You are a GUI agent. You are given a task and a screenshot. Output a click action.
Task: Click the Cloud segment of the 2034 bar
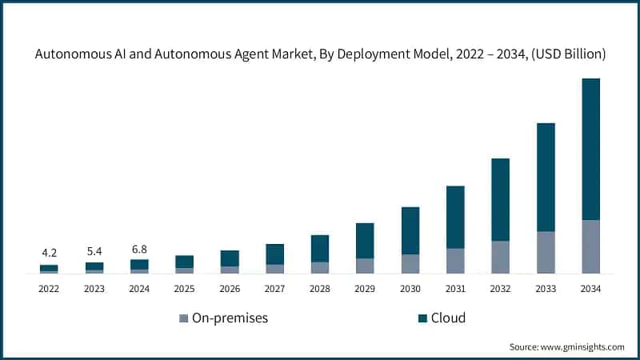click(x=590, y=149)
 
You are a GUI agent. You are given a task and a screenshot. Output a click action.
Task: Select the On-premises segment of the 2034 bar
click(x=590, y=246)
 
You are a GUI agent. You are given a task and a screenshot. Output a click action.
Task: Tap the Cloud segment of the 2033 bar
click(x=546, y=177)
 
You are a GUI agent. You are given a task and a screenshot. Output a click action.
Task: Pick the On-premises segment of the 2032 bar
click(x=500, y=256)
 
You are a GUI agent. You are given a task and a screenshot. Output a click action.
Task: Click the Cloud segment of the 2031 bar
click(x=455, y=217)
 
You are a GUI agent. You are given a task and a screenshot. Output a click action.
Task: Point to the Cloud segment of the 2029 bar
click(x=365, y=240)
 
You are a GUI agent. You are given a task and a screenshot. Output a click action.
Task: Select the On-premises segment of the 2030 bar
click(x=410, y=263)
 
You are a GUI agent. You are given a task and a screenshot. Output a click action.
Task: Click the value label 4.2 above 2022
click(x=49, y=254)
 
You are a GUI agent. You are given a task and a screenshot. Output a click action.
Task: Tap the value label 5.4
click(x=94, y=250)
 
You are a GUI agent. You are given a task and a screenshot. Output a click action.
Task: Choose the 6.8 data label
click(x=139, y=248)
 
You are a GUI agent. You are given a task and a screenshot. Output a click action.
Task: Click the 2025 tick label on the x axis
click(x=184, y=288)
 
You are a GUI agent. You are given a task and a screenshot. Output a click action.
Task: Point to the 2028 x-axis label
click(x=319, y=288)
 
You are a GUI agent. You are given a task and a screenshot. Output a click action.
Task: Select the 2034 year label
click(x=590, y=288)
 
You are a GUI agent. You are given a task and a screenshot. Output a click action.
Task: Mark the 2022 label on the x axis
click(x=49, y=288)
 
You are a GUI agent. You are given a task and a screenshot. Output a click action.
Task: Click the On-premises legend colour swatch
click(x=183, y=318)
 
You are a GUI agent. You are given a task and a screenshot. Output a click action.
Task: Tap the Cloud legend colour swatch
click(x=422, y=318)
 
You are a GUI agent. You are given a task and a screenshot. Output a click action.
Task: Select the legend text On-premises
click(x=230, y=318)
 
